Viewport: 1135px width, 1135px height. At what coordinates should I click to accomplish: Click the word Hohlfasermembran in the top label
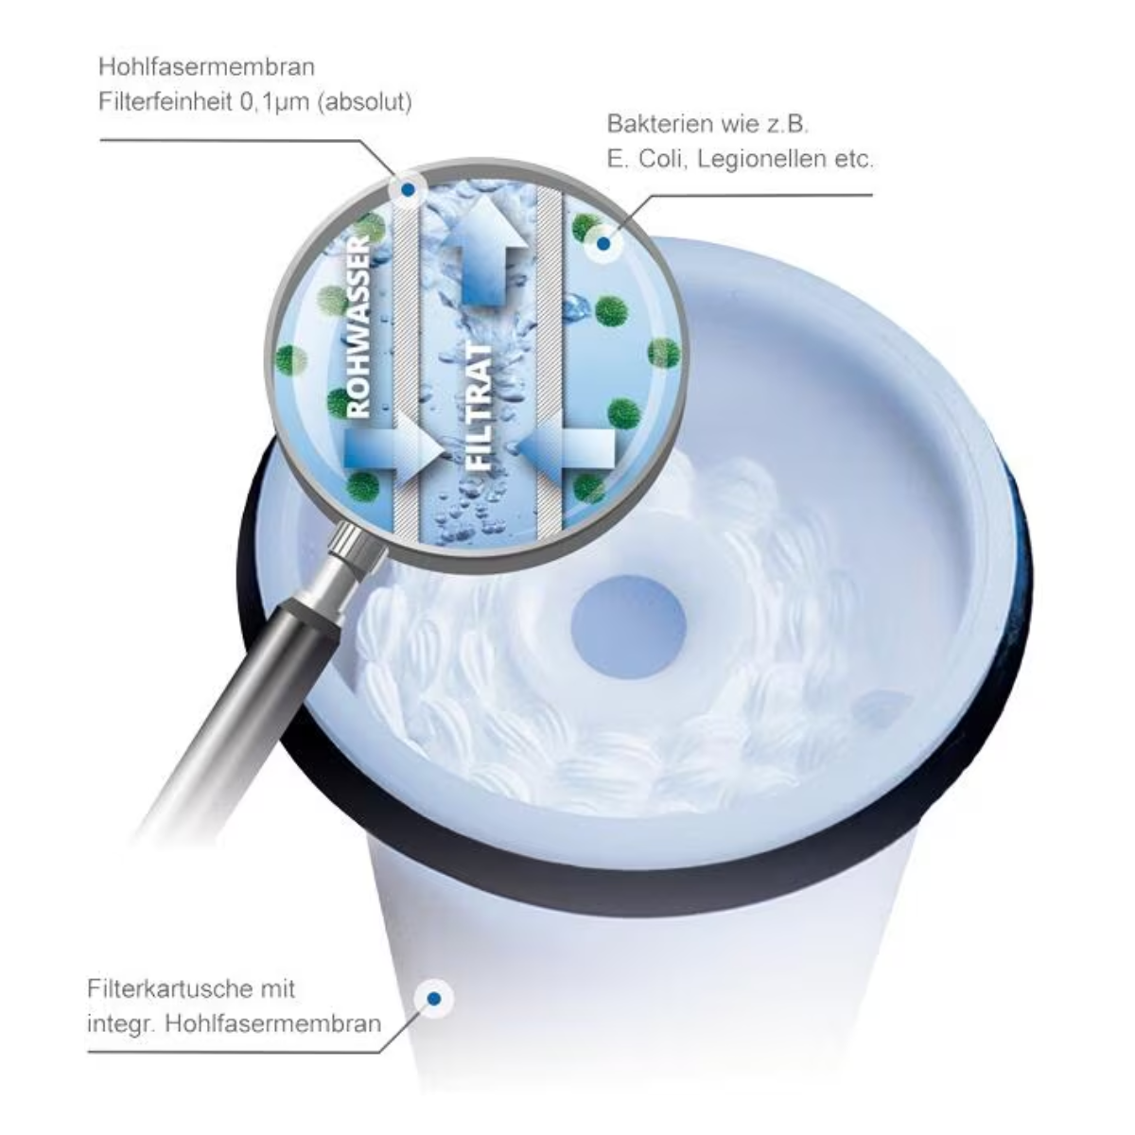point(207,67)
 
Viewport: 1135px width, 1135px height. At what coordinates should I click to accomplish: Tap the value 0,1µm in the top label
point(275,102)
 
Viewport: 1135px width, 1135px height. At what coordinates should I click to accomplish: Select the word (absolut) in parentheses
point(364,102)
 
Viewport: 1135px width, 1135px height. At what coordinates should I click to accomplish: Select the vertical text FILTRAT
point(479,407)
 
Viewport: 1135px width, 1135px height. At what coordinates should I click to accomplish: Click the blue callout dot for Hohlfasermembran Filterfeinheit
point(407,190)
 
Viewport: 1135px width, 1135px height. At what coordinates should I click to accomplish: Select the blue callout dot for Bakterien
point(602,243)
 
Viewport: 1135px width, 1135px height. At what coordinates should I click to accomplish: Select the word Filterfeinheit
point(166,102)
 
